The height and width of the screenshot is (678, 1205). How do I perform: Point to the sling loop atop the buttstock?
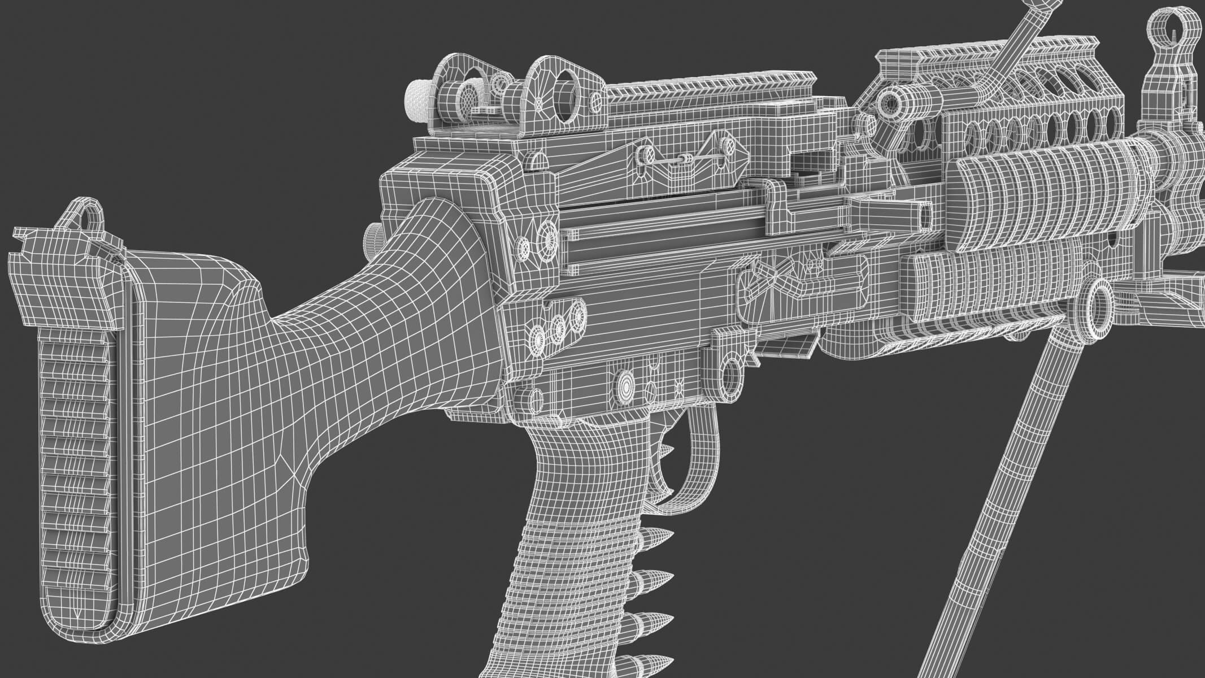[x=86, y=213]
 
